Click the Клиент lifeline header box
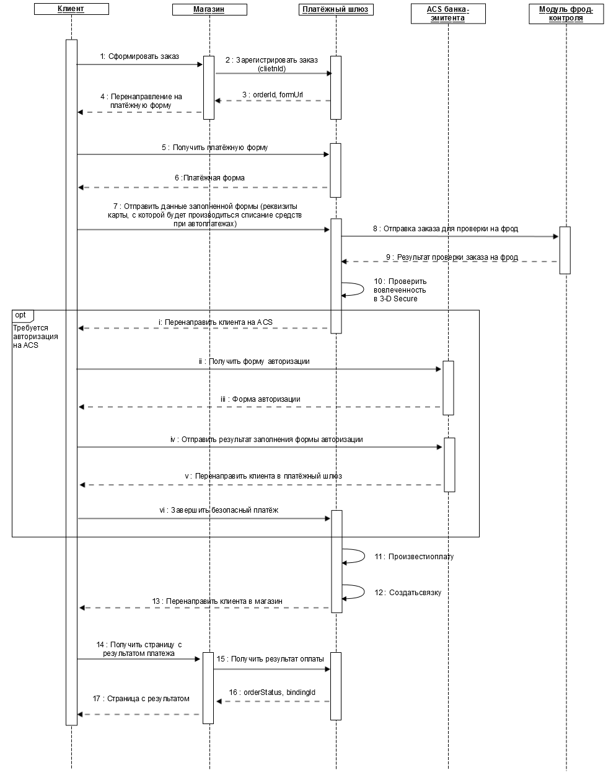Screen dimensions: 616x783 71,9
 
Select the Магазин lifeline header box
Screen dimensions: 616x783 209,9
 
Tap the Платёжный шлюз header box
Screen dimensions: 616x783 336,9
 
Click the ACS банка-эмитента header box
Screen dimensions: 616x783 448,14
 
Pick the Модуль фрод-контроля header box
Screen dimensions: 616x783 566,14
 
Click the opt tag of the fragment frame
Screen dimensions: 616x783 23,316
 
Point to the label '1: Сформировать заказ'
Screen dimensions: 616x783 139,56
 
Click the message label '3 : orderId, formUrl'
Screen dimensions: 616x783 273,95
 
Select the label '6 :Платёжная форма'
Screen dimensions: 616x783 209,178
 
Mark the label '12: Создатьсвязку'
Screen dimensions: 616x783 408,592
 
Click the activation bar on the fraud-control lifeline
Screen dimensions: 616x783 565,250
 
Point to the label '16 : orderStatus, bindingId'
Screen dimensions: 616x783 272,692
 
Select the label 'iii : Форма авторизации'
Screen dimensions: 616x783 260,399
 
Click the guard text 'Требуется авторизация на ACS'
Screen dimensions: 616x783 35,337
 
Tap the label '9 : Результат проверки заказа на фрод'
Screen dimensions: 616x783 452,257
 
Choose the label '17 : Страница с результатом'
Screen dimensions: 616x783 141,699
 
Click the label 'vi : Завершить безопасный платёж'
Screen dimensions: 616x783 219,510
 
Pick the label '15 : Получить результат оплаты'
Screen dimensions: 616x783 270,659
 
